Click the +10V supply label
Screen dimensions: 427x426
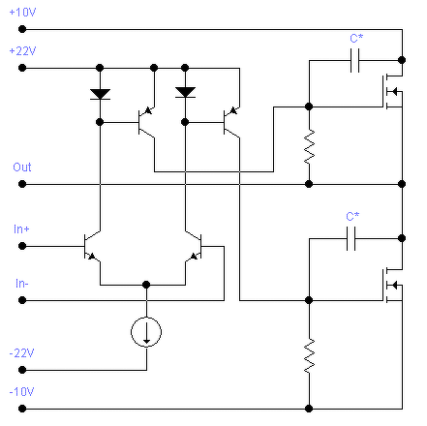coord(22,13)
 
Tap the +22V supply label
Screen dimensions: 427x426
coord(22,51)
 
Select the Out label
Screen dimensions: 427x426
coord(22,167)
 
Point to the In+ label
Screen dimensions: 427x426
coord(21,229)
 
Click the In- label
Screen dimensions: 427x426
coord(22,284)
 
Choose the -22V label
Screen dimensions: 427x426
coord(21,353)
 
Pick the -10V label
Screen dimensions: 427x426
coord(21,392)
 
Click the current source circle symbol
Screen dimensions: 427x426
coord(146,332)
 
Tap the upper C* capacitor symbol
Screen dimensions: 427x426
coord(354,60)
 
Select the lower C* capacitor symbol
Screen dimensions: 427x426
coord(351,238)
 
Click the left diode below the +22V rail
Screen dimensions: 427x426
coord(100,94)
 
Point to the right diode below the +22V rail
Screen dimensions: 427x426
coord(185,92)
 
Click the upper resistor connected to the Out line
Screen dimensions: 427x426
coord(309,147)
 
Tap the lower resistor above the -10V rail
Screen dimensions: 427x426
coord(309,356)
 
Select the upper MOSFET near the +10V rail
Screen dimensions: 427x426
coord(392,92)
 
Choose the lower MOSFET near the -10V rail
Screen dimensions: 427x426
coord(392,286)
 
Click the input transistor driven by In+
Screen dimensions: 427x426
coord(92,247)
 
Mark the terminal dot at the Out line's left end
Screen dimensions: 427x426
coord(22,184)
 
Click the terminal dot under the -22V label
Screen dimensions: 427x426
coord(22,370)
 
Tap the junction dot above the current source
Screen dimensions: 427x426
coord(146,285)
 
